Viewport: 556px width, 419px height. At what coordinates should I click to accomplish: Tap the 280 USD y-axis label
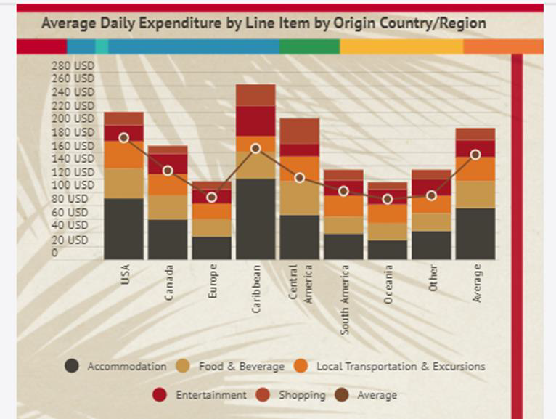pyautogui.click(x=73, y=65)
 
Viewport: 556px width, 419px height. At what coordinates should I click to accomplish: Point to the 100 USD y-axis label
pyautogui.click(x=73, y=185)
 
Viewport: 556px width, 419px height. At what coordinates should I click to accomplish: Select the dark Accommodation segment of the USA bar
pyautogui.click(x=123, y=229)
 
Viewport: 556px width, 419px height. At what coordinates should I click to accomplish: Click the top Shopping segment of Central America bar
pyautogui.click(x=300, y=131)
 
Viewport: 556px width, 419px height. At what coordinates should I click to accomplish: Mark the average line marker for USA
pyautogui.click(x=124, y=137)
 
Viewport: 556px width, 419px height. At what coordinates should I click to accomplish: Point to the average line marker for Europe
pyautogui.click(x=211, y=197)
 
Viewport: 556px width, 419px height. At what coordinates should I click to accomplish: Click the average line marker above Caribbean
pyautogui.click(x=255, y=148)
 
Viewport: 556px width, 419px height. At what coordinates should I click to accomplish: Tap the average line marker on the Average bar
pyautogui.click(x=475, y=155)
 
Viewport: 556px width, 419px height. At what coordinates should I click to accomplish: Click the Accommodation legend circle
pyautogui.click(x=72, y=367)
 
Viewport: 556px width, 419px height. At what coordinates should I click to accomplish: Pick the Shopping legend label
pyautogui.click(x=301, y=395)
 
